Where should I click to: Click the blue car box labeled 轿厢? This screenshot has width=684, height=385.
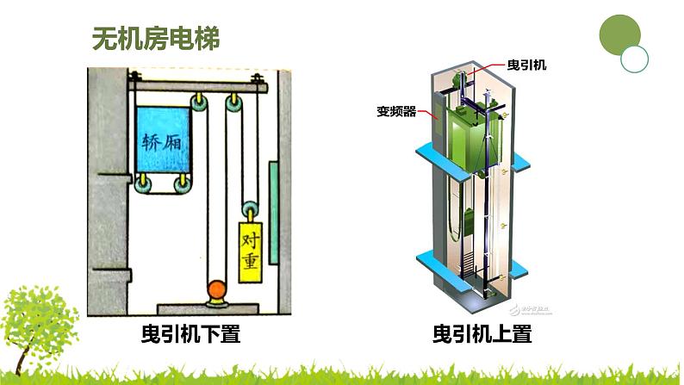click(165, 139)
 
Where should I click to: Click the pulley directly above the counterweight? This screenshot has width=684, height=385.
click(250, 209)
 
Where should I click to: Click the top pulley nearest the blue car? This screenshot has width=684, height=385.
click(200, 105)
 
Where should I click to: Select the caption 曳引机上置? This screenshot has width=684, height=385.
click(482, 333)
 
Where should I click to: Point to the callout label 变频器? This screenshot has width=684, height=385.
click(396, 111)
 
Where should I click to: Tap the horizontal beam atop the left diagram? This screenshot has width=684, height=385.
click(198, 83)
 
